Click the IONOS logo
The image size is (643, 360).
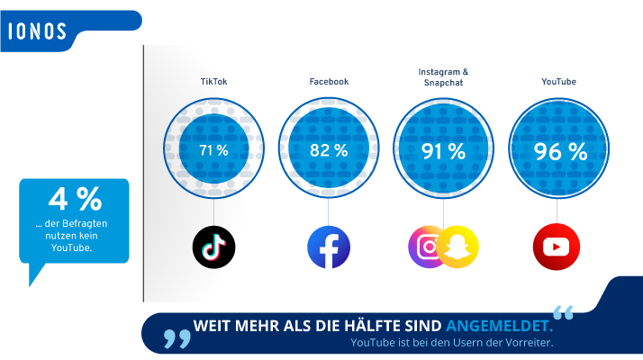pyautogui.click(x=38, y=31)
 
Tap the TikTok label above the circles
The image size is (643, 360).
pyautogui.click(x=213, y=82)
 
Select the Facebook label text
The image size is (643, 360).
pyautogui.click(x=329, y=82)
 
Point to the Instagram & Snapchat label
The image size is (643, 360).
pyautogui.click(x=444, y=76)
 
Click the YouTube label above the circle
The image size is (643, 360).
pyautogui.click(x=558, y=82)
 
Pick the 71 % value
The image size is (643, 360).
pyautogui.click(x=213, y=150)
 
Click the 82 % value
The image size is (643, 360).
pyautogui.click(x=329, y=150)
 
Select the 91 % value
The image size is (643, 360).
pyautogui.click(x=444, y=150)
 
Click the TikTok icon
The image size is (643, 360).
pyautogui.click(x=213, y=247)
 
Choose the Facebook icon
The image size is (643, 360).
pyautogui.click(x=329, y=247)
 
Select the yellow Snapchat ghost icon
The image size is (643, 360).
pyautogui.click(x=458, y=247)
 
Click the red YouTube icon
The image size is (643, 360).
pyautogui.click(x=557, y=247)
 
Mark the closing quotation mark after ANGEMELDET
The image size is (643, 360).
pyautogui.click(x=563, y=313)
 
